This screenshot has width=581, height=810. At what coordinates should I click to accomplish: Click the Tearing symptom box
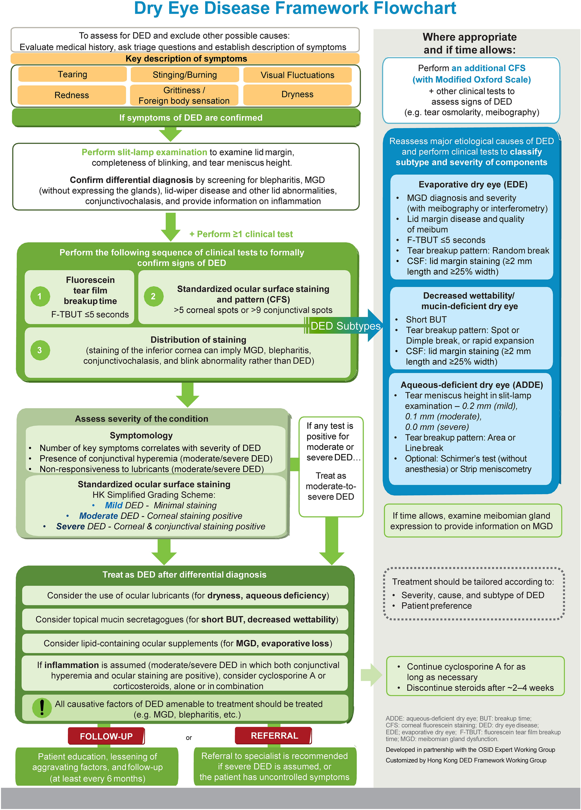[x=72, y=74]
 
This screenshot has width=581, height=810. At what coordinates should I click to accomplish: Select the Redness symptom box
[x=72, y=95]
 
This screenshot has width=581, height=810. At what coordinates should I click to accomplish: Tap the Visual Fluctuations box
[x=297, y=75]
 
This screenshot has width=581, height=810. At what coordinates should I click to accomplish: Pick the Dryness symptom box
[x=297, y=94]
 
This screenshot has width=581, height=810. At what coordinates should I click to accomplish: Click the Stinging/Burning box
[x=184, y=75]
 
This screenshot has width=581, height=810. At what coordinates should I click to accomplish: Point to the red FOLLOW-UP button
[x=106, y=736]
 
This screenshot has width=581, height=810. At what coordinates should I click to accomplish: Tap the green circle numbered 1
[x=40, y=296]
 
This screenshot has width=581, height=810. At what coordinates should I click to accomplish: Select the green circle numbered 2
[x=153, y=296]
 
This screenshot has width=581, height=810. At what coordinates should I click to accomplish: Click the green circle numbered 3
[x=40, y=350]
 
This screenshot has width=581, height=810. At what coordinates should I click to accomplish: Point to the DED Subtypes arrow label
[x=345, y=326]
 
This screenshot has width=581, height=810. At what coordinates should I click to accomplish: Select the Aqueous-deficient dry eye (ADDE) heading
[x=471, y=385]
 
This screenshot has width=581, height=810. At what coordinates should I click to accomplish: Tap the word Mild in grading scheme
[x=114, y=505]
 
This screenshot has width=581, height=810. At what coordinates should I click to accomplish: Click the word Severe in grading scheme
[x=70, y=526]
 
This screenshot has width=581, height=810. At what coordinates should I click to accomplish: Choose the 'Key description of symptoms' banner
[x=186, y=59]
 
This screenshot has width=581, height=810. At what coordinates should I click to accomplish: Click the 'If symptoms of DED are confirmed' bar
[x=190, y=117]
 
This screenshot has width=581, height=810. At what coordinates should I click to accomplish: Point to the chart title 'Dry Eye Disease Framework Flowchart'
[x=295, y=8]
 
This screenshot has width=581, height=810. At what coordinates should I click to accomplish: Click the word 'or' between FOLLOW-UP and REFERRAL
[x=189, y=738]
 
